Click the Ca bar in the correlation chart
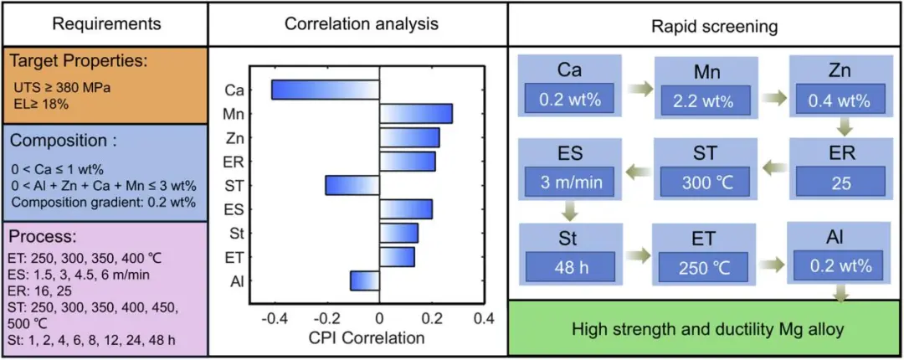[x=325, y=90]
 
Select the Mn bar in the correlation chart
[x=416, y=114]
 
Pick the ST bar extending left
[x=352, y=185]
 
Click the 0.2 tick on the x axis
[x=432, y=318]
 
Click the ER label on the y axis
[x=235, y=162]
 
